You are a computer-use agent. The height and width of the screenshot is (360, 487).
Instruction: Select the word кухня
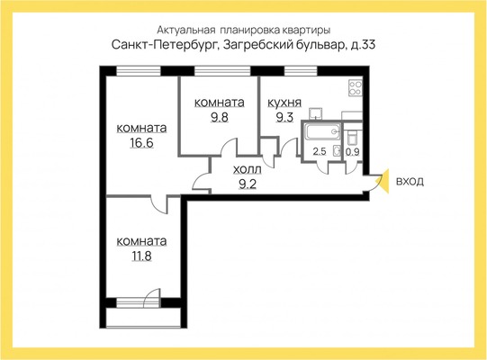tap(284, 103)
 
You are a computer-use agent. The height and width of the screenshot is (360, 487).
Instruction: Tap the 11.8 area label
tap(141, 255)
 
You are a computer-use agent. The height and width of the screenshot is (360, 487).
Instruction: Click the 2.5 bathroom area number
tap(319, 152)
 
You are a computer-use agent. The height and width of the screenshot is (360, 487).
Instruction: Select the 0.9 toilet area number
tap(352, 152)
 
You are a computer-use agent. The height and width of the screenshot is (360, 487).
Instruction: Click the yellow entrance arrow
tap(383, 181)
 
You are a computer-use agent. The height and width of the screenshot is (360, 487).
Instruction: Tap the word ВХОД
tap(410, 182)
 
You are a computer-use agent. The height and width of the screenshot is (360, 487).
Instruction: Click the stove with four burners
tap(354, 89)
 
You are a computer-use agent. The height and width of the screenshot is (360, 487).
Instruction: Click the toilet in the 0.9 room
tap(353, 135)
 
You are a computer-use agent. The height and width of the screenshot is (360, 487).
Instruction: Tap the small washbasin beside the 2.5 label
tap(337, 149)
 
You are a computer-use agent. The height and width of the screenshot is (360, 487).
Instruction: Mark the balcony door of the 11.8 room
tap(140, 298)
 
